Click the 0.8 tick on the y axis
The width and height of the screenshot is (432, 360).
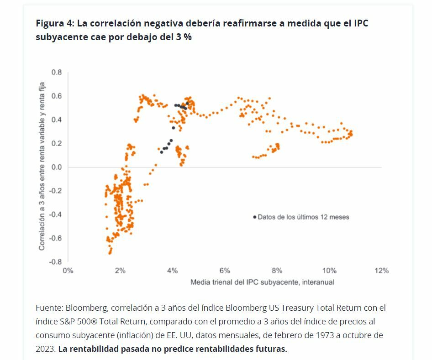[x=56, y=72]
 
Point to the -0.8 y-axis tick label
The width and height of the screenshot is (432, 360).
[x=55, y=262]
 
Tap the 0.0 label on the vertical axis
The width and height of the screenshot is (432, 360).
[x=56, y=167]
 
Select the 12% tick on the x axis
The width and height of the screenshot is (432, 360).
[x=381, y=271]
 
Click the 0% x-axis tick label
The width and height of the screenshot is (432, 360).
[x=68, y=271]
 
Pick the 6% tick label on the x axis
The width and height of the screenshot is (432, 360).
[x=225, y=271]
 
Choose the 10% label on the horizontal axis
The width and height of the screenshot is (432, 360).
[x=329, y=271]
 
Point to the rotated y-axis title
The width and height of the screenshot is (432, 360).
[x=42, y=167]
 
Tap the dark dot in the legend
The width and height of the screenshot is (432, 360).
[x=254, y=217]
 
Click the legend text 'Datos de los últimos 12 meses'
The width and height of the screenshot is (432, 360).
[x=303, y=217]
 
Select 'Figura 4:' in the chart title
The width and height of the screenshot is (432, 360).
[x=55, y=23]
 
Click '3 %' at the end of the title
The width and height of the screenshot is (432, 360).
[x=184, y=37]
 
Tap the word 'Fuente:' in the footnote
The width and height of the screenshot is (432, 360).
[x=49, y=308]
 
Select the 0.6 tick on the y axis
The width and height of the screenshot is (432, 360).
[x=56, y=96]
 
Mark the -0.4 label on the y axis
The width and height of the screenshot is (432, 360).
[x=55, y=214]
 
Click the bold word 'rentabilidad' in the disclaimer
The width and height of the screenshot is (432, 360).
[x=93, y=349]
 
